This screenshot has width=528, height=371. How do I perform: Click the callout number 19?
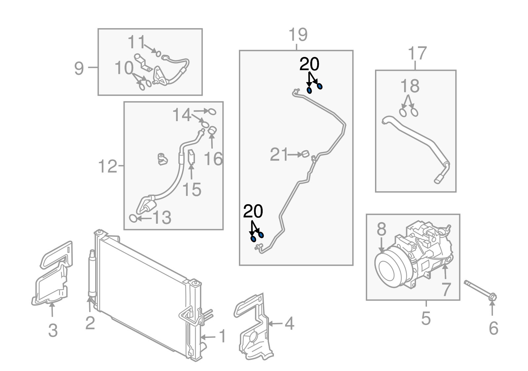click(x=298, y=34)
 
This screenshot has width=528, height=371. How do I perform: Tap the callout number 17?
click(x=418, y=53)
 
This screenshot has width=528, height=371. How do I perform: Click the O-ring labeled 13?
click(x=133, y=218)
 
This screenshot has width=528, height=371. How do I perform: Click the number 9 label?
click(x=79, y=69)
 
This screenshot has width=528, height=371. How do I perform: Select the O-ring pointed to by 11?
click(x=158, y=54)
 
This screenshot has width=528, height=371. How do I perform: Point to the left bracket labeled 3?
click(x=51, y=275)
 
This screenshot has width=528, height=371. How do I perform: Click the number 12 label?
click(x=108, y=166)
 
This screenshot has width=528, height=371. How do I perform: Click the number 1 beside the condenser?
click(x=222, y=336)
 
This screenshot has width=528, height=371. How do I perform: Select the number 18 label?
click(x=410, y=86)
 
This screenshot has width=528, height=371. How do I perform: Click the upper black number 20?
click(x=309, y=65)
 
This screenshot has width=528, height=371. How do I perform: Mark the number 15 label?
click(x=192, y=190)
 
